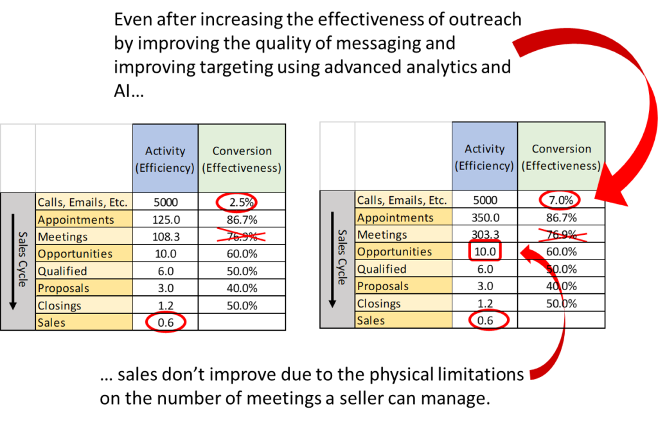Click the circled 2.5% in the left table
[242, 202]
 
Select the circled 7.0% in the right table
[561, 200]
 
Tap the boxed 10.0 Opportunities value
[485, 252]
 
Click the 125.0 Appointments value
[166, 220]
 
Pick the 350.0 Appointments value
[485, 217]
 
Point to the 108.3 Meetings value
[166, 237]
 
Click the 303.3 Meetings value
[485, 235]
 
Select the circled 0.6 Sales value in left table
[166, 322]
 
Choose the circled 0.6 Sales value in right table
[485, 320]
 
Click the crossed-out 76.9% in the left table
[242, 237]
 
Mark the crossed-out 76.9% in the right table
[561, 235]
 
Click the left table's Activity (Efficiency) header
[165, 160]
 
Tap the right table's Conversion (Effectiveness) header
[561, 157]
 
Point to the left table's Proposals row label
[64, 288]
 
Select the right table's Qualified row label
[382, 269]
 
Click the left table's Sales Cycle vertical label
[22, 259]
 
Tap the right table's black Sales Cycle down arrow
[332, 260]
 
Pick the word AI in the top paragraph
[121, 91]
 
